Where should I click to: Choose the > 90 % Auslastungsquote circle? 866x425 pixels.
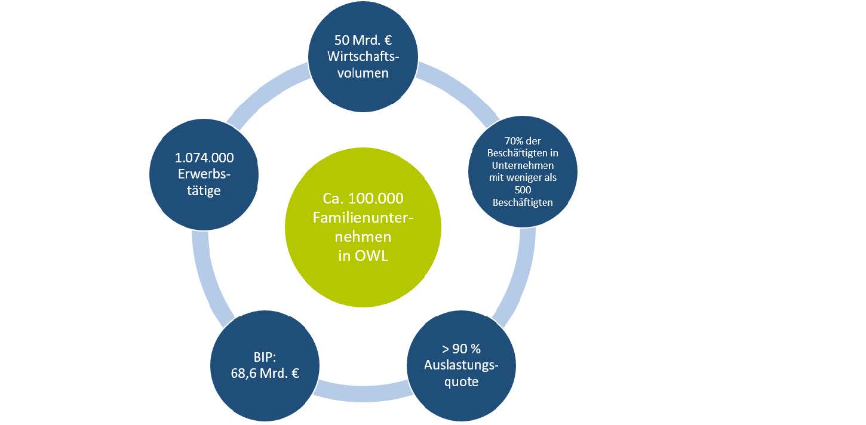(460, 366)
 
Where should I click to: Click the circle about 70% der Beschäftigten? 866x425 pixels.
(523, 172)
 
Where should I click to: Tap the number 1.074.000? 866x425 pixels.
(204, 158)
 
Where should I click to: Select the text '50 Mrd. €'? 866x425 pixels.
(363, 43)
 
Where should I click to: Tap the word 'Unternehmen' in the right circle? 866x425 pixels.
(523, 162)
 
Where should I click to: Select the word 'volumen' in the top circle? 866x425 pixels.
(363, 73)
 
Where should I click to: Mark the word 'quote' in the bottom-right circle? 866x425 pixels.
(460, 381)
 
